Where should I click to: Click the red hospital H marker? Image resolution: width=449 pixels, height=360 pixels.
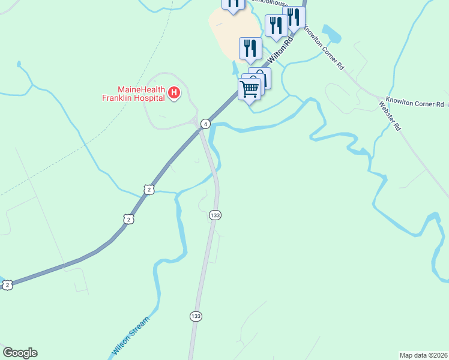point(174,92)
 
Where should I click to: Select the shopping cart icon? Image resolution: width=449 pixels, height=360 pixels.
point(249,89)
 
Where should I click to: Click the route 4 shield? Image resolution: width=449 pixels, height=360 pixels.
point(205,124)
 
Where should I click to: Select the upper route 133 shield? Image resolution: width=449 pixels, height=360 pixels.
point(214,214)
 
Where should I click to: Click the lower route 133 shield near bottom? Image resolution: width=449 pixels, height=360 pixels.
point(196,316)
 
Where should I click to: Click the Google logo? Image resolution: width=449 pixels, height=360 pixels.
point(20,353)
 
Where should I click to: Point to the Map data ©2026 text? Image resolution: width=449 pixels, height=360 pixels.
point(423,355)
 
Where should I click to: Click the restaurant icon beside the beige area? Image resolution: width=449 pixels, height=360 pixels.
point(250,48)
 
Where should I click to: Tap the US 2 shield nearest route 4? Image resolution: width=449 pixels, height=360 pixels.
point(149,190)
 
